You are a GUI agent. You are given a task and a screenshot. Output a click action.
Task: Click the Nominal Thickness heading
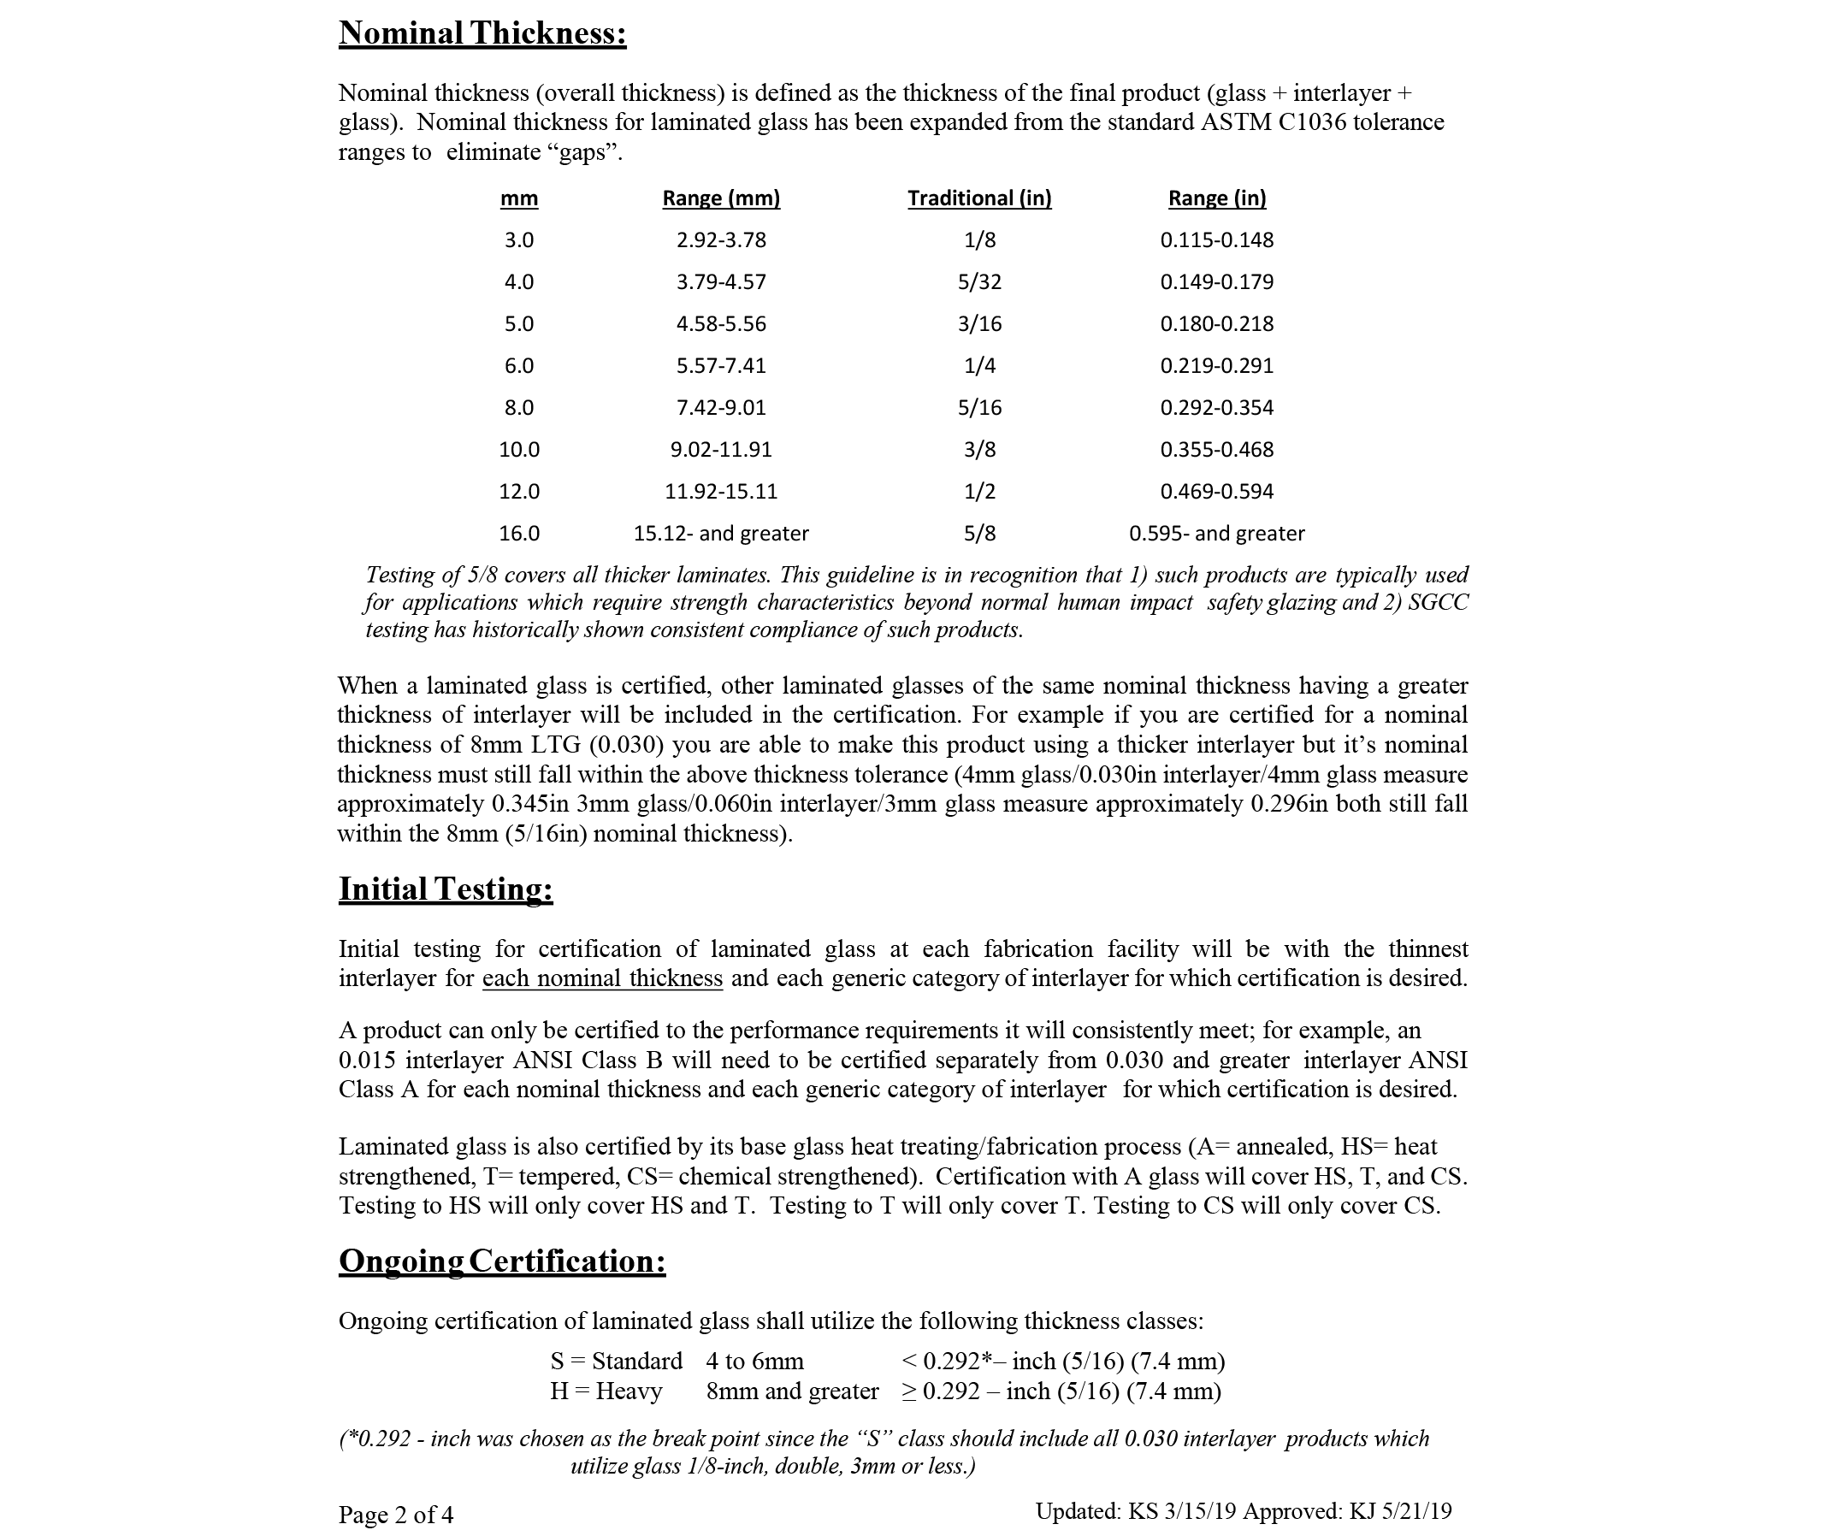482,33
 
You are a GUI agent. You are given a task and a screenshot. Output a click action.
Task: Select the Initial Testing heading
446,889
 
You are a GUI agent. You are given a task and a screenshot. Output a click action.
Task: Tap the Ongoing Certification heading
501,1261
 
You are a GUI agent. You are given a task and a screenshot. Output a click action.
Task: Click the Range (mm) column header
721,198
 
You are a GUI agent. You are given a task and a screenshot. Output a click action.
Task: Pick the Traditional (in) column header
979,198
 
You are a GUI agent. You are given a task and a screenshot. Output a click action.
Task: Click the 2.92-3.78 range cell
721,239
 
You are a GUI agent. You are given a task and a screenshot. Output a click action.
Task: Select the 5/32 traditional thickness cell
979,282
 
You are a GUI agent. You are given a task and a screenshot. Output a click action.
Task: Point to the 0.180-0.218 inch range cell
1216,324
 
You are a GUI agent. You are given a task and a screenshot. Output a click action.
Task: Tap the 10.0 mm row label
519,450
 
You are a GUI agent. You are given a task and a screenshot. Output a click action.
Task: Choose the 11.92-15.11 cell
721,492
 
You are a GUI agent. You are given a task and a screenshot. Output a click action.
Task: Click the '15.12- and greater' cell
721,534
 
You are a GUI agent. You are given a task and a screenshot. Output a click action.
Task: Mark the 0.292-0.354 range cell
1216,407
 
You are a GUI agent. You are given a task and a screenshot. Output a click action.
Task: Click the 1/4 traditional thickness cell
979,365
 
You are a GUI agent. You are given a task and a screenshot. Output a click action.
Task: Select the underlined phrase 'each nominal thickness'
602,978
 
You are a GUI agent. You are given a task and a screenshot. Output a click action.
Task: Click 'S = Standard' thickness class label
616,1362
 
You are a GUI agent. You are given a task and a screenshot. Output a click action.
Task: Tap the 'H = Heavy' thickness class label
606,1391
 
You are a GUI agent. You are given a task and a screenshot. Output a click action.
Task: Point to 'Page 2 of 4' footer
396,1514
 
